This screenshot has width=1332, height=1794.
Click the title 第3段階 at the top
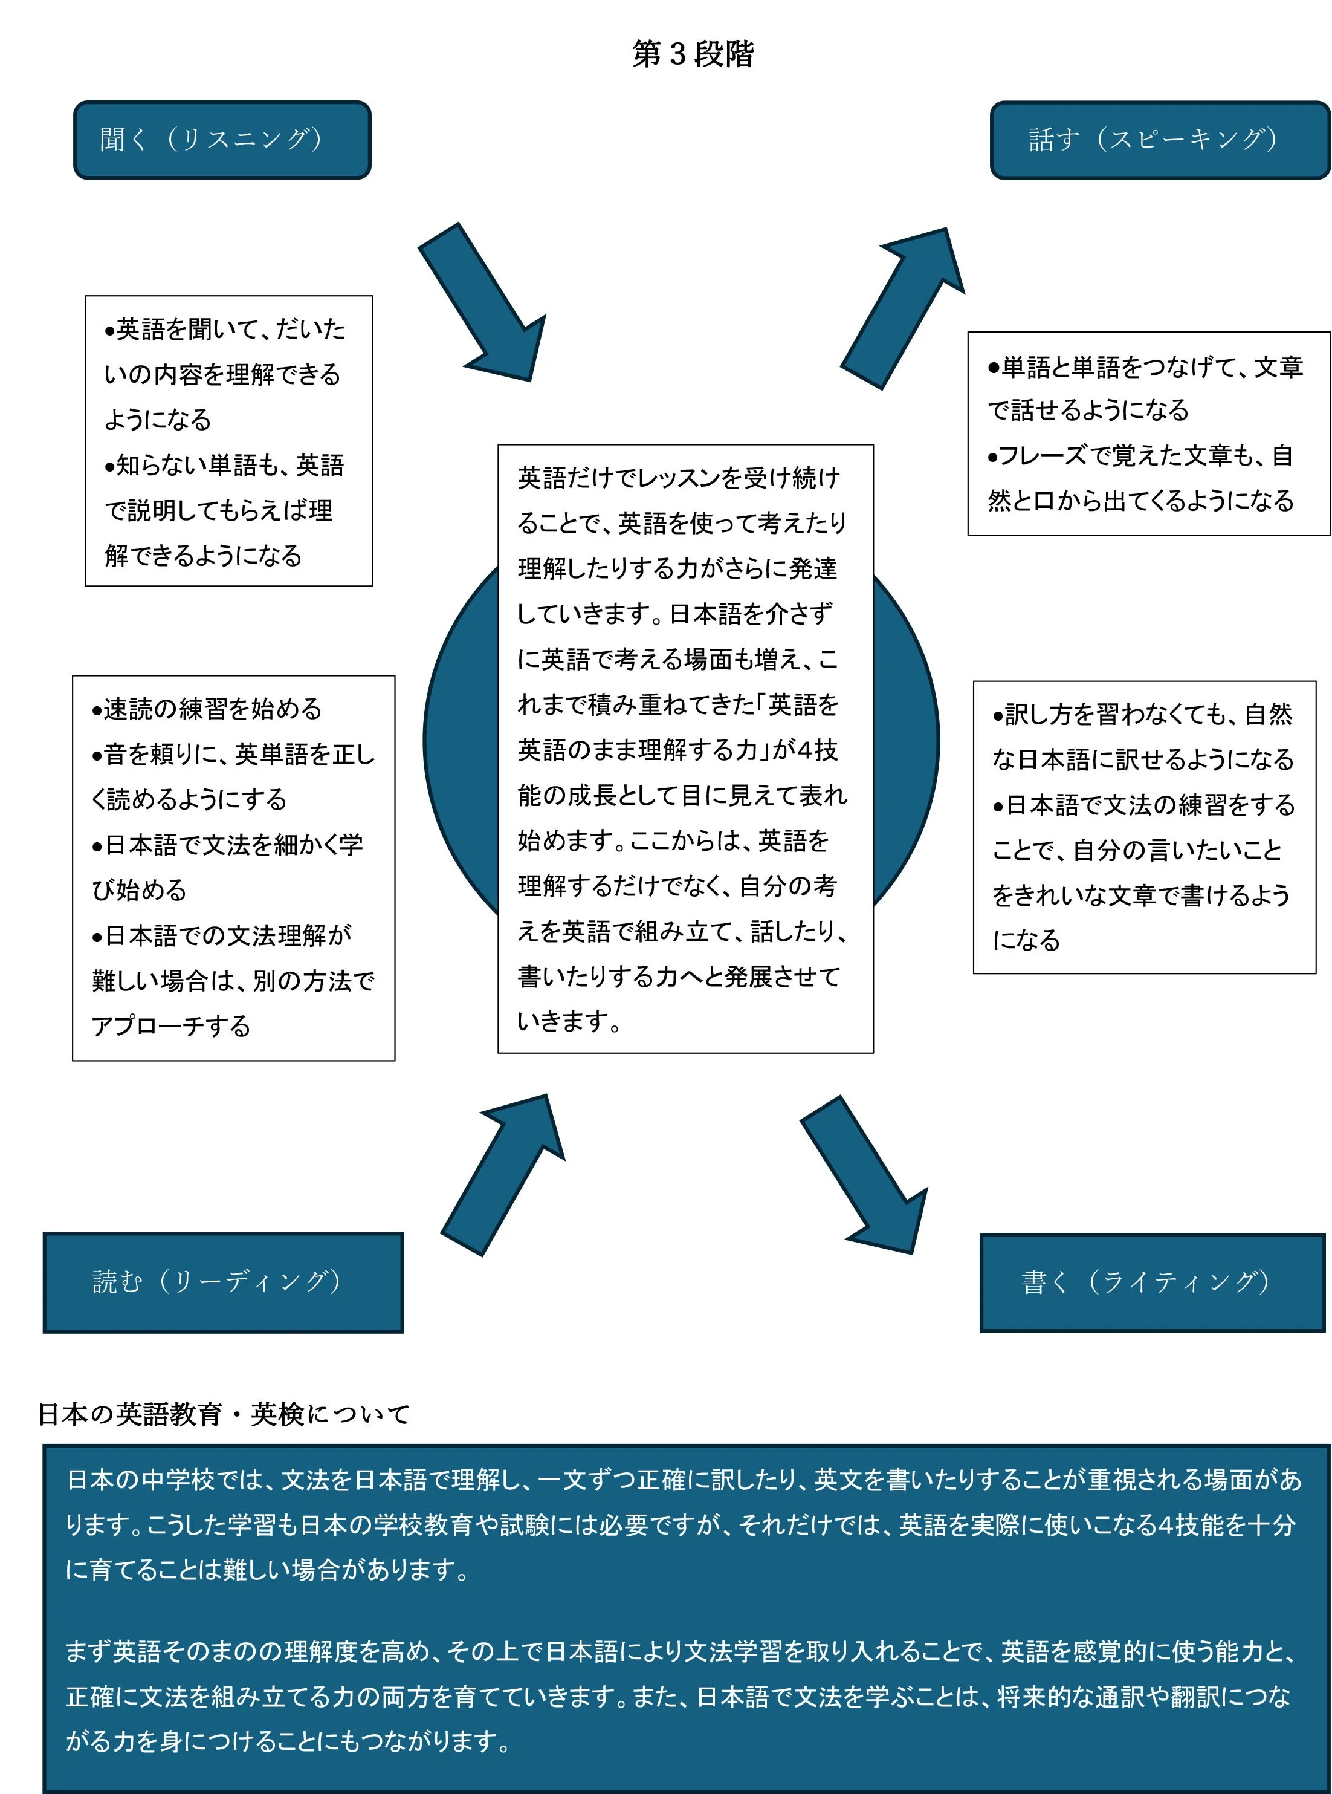point(693,54)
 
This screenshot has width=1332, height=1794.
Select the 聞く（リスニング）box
point(222,140)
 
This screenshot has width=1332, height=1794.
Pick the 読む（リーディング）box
point(224,1282)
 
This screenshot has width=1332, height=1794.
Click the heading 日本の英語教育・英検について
point(224,1414)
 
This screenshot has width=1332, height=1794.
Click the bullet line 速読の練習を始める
point(207,709)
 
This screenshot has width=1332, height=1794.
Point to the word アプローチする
point(171,1026)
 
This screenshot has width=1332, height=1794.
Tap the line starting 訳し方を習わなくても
point(1142,714)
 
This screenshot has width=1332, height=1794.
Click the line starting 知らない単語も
point(224,466)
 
